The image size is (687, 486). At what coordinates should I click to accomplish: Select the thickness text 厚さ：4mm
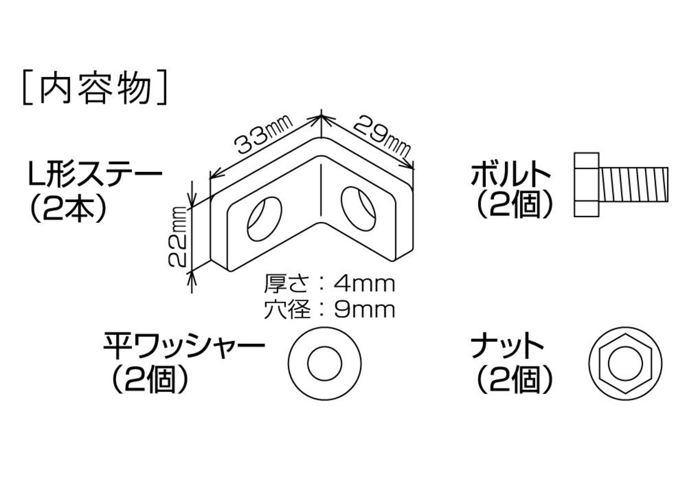point(329,284)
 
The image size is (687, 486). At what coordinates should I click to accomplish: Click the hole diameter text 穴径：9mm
point(329,310)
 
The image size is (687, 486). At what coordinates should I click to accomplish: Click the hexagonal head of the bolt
point(586,185)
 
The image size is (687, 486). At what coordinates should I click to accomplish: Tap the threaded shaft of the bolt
point(634,185)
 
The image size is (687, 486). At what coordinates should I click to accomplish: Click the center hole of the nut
point(625,362)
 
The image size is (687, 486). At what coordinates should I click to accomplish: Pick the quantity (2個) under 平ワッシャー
point(151,380)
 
